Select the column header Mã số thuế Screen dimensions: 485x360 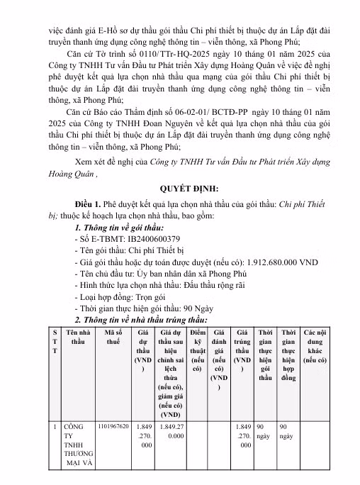(x=114, y=335)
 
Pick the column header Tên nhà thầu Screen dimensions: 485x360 (x=77, y=335)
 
